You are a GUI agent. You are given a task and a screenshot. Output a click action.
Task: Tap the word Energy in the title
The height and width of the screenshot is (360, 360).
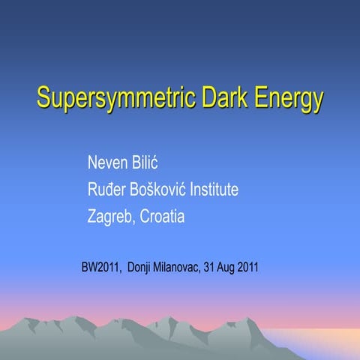[x=289, y=98]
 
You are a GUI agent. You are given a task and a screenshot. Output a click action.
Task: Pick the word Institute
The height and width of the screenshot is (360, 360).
[x=214, y=189]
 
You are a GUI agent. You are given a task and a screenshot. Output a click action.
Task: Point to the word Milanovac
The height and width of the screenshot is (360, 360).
[x=180, y=267]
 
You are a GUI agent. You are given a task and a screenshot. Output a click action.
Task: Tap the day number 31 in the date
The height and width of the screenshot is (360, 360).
[x=211, y=267]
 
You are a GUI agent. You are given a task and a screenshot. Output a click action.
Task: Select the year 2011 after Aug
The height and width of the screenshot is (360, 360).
[x=249, y=267]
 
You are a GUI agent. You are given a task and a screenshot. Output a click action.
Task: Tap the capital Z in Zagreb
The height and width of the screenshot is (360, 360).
[x=92, y=217]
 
